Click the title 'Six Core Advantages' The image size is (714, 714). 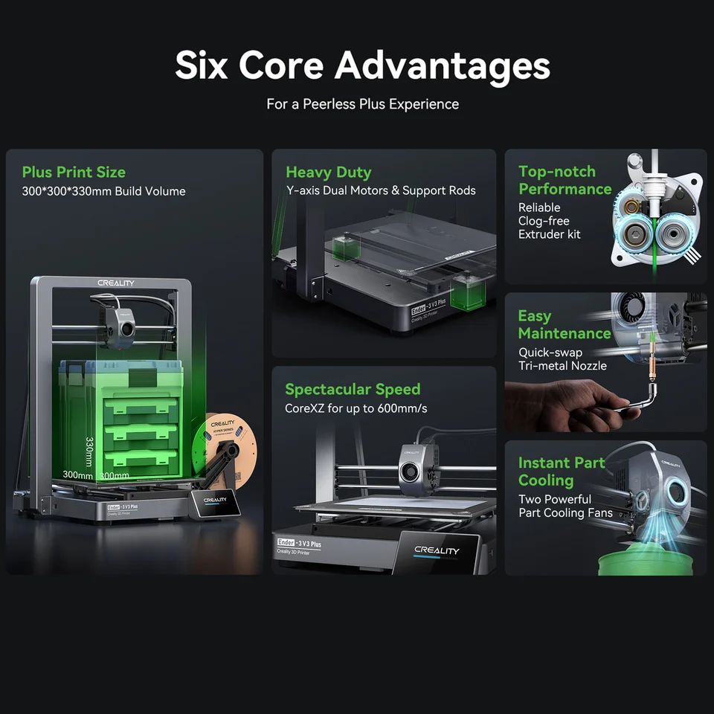tap(362, 65)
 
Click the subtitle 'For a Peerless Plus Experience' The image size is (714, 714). tap(362, 104)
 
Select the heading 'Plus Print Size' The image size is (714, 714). tap(74, 173)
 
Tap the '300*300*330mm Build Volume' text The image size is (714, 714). tap(103, 191)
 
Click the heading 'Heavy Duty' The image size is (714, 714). tap(328, 173)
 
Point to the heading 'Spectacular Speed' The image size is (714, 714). tap(353, 389)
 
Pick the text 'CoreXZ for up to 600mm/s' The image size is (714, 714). tap(356, 408)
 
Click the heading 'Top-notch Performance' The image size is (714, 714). tap(565, 181)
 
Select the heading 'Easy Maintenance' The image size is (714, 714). tap(564, 325)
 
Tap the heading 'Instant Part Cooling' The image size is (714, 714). tap(562, 472)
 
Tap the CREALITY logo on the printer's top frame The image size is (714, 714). tap(116, 283)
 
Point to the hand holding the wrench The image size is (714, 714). tap(550, 405)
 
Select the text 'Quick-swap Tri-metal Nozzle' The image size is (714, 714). tap(562, 359)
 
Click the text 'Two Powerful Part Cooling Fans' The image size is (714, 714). tap(565, 506)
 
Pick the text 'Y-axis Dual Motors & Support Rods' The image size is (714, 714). tap(381, 191)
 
